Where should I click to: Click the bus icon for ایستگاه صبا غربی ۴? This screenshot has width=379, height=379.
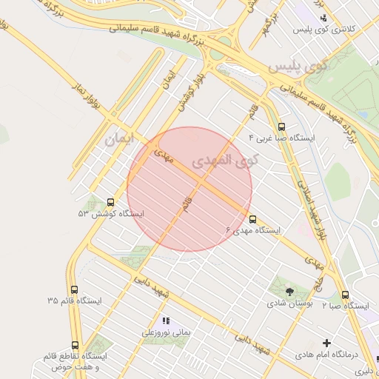point(281,127)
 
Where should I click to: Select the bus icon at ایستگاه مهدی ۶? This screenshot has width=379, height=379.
point(253,220)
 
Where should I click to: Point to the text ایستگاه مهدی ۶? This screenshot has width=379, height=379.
point(253,231)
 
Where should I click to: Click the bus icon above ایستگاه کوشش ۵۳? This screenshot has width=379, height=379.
point(111,202)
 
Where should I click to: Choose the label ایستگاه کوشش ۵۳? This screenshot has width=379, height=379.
point(111,213)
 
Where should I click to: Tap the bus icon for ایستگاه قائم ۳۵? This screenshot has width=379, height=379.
point(73,289)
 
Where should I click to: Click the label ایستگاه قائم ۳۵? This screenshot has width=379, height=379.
point(74,301)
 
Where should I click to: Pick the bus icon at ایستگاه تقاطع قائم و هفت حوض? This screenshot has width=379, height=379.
point(75,345)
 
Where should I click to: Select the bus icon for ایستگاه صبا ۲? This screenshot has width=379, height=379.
point(345,295)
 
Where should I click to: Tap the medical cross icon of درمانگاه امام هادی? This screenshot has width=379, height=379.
point(326,343)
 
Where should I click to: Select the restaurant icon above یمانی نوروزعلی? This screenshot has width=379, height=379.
point(166,321)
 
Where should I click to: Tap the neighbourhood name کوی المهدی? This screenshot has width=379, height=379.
point(221,161)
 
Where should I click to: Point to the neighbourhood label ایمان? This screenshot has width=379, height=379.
point(121,138)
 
